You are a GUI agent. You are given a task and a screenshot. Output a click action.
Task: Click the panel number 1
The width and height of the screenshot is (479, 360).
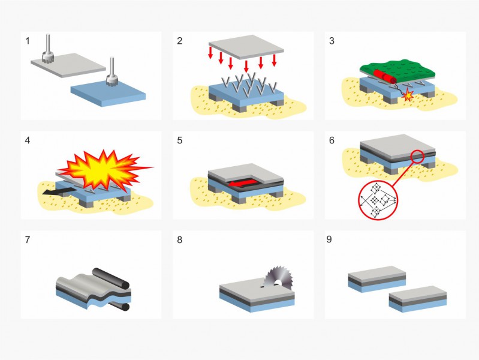[x=28, y=41]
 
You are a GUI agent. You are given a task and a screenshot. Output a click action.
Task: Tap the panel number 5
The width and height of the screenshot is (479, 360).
[x=180, y=140]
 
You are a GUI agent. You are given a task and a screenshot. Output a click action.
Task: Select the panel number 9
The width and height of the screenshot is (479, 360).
[x=329, y=239]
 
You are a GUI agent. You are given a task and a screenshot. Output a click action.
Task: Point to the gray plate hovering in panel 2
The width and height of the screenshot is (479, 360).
[x=246, y=46]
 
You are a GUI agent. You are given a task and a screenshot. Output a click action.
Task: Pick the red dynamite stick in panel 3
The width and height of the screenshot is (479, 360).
[x=385, y=76]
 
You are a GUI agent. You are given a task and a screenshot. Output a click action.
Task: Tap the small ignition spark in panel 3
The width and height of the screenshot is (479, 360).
[x=408, y=95]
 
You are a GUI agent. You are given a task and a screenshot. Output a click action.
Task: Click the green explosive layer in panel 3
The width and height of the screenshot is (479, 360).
[x=397, y=69]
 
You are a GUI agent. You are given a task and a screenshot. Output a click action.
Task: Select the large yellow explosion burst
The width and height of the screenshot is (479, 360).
[x=104, y=170]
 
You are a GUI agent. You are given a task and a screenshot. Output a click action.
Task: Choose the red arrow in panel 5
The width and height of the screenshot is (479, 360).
[x=242, y=183]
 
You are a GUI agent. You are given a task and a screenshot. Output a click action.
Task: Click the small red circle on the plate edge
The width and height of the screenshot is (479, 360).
[x=417, y=157]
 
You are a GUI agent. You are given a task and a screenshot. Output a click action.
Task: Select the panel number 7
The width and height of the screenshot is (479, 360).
[x=28, y=239]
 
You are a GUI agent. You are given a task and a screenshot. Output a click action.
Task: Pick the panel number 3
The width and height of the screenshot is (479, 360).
[x=332, y=41]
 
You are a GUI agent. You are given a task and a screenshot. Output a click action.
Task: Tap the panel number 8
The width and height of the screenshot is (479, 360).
[x=180, y=239]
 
